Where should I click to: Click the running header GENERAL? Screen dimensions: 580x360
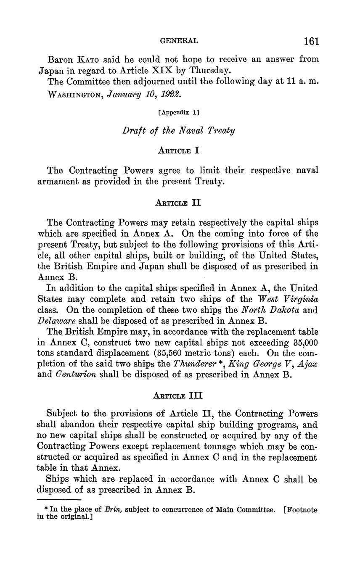pos(179,41)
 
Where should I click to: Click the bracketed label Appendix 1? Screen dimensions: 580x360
pos(179,112)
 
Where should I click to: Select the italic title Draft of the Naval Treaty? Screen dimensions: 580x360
pos(179,130)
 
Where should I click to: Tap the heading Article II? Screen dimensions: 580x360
pos(179,202)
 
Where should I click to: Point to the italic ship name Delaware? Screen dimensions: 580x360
pos(57,321)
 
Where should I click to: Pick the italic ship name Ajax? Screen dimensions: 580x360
pos(307,365)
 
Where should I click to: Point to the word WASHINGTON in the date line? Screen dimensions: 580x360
pos(75,94)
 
